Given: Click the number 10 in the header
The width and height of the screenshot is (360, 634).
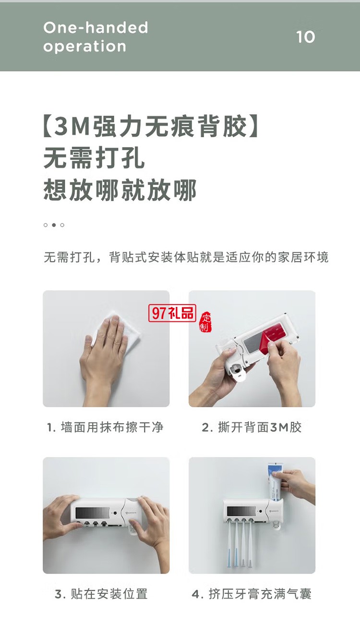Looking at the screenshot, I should [x=305, y=37].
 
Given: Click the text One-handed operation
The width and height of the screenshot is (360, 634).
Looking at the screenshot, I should [x=96, y=37].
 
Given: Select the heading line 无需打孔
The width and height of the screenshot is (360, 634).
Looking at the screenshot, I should [x=94, y=158].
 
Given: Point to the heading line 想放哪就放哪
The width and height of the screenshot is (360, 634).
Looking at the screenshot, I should [x=120, y=190].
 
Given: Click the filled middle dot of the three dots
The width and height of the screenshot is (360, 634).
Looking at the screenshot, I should [x=54, y=225].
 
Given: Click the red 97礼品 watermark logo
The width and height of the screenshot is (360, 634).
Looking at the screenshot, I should [x=172, y=313].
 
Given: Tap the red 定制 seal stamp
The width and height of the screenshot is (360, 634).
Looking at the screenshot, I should [x=205, y=322].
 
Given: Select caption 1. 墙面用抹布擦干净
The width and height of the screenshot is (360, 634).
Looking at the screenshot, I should [x=105, y=427].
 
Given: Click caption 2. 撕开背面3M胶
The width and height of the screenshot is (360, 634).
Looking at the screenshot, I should [x=252, y=427].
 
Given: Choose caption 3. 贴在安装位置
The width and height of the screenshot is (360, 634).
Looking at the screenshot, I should [x=101, y=594].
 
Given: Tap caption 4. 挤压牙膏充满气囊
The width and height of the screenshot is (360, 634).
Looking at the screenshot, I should [x=252, y=594].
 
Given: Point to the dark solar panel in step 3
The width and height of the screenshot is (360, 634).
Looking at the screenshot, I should [x=92, y=511].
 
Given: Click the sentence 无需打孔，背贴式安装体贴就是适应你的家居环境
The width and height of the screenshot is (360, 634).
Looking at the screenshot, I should [x=186, y=257].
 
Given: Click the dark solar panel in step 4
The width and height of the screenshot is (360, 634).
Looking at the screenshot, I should [x=240, y=511].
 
